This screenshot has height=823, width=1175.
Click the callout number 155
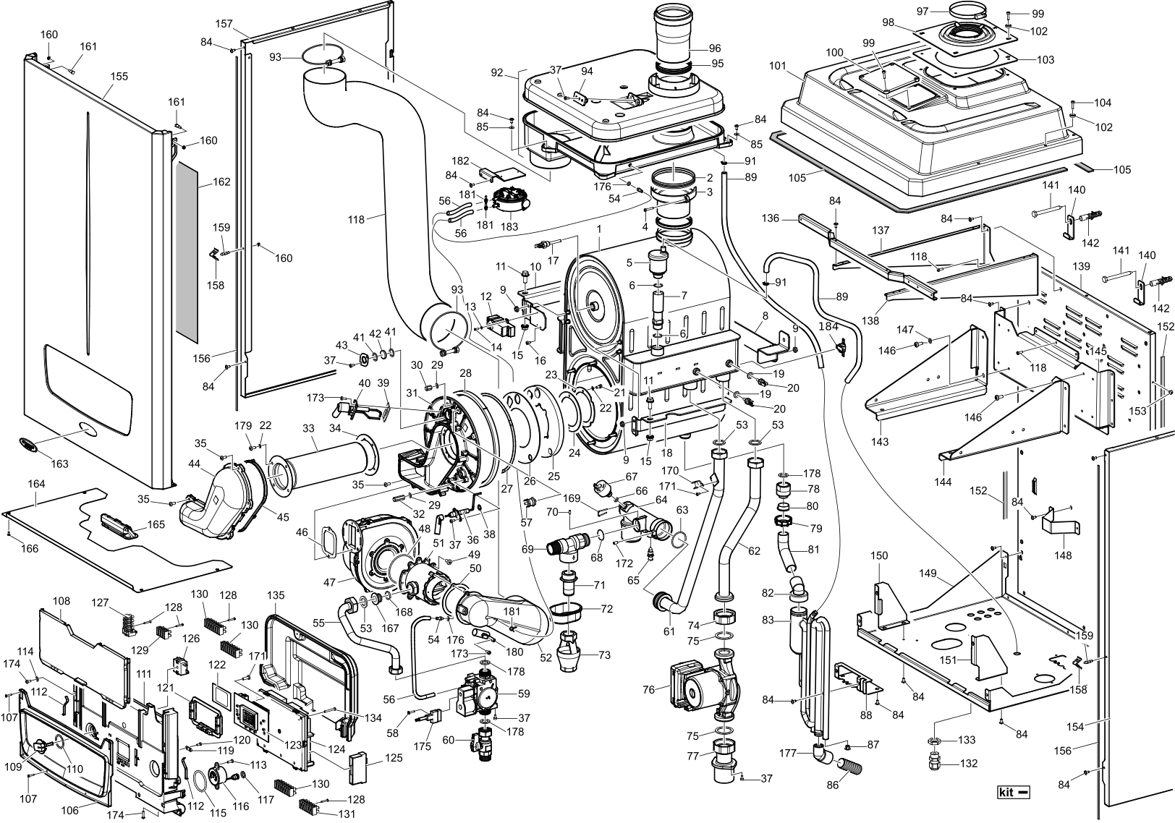(x=119, y=77)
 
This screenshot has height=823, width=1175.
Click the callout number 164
(x=36, y=484)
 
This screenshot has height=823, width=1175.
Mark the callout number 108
(x=61, y=600)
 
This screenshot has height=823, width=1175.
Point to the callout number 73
(x=605, y=655)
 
